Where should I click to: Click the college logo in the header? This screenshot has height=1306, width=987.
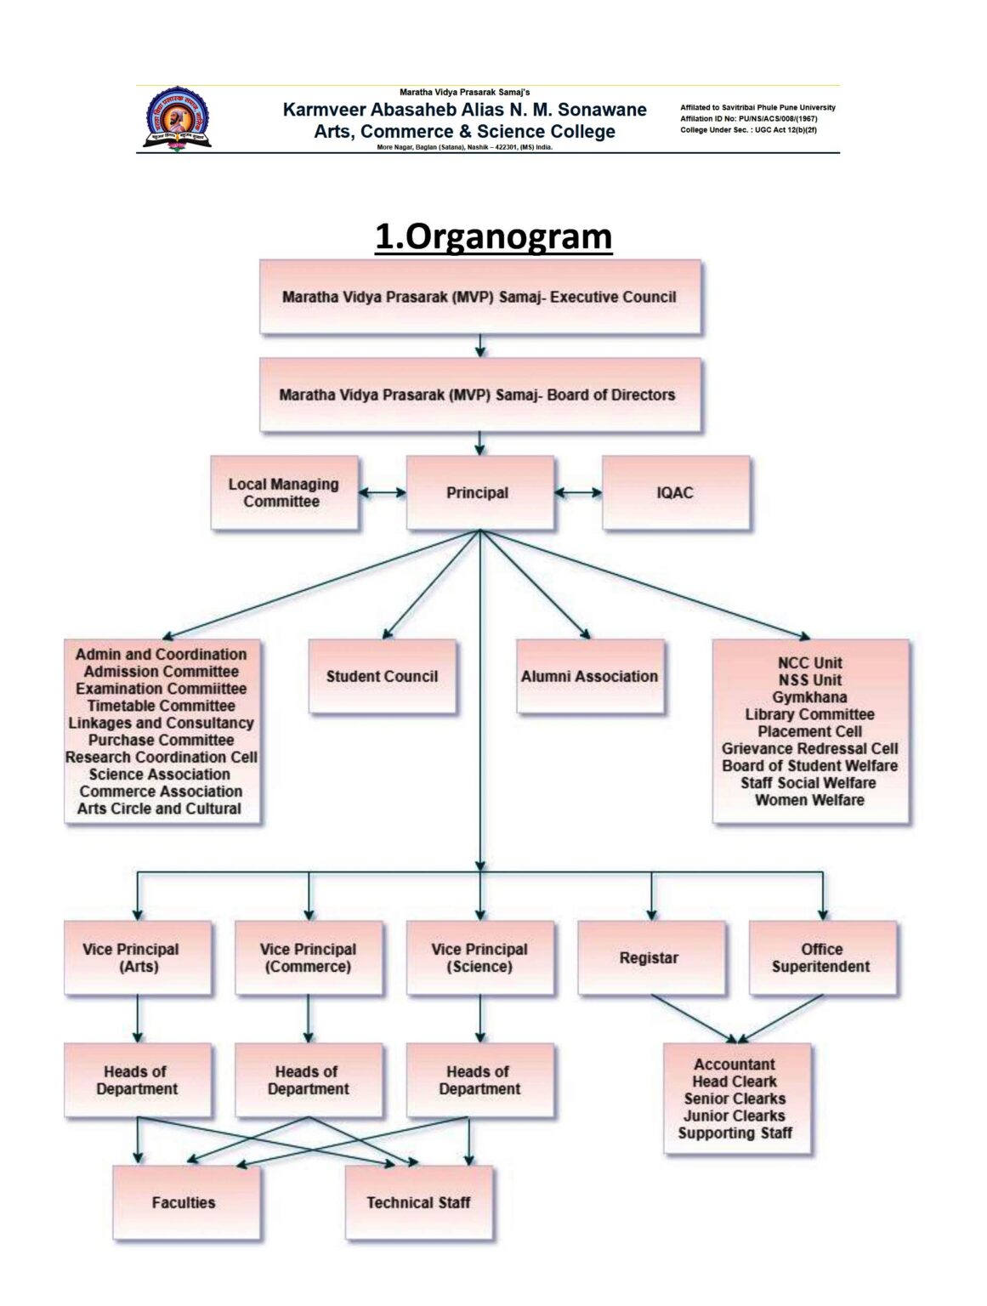[177, 120]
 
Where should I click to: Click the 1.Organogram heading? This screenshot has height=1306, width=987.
[493, 236]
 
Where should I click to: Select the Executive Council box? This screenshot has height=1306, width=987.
[479, 297]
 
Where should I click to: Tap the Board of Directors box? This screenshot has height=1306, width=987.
[479, 395]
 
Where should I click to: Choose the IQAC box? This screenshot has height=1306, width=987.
[676, 493]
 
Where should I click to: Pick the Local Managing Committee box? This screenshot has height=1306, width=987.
[284, 493]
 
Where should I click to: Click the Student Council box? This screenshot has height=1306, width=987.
[382, 677]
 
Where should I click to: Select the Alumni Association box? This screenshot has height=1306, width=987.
[590, 677]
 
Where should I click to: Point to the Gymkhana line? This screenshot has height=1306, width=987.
[809, 697]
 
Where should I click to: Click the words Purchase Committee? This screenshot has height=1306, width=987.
[162, 740]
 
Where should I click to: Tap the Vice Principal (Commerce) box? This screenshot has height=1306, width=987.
[308, 958]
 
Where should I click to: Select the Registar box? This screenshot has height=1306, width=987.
[650, 958]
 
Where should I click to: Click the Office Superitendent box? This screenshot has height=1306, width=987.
[822, 958]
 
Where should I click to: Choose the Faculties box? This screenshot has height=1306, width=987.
[185, 1203]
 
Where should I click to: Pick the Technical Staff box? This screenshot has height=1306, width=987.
[418, 1203]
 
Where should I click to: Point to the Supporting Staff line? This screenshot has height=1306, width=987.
[735, 1133]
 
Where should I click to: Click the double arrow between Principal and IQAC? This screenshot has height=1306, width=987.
[578, 492]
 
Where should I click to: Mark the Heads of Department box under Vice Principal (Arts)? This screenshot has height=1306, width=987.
[137, 1081]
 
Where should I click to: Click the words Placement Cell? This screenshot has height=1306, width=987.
[809, 731]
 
